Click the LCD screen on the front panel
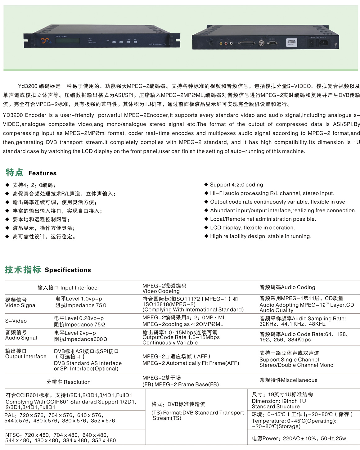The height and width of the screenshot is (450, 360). [67, 41]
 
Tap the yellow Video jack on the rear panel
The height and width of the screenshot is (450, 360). [221, 43]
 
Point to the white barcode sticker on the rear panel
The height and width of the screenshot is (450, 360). [291, 42]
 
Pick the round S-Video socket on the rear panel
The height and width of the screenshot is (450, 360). [211, 43]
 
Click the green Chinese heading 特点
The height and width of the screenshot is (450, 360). [14, 173]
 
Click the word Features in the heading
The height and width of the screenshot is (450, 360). [43, 173]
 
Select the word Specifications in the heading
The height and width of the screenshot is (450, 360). [68, 270]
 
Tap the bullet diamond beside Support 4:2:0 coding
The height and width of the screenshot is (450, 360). [206, 185]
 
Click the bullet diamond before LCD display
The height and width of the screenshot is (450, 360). [206, 227]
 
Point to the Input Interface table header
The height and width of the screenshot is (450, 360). [67, 288]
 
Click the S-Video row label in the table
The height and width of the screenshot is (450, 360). [16, 321]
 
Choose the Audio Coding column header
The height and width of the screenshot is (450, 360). [287, 287]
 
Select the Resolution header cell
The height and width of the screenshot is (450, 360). [69, 382]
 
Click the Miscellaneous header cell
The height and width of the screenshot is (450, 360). [288, 380]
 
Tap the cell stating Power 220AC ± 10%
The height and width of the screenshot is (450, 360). [299, 439]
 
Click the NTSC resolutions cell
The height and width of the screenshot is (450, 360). [61, 438]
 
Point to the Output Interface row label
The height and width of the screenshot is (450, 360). [26, 354]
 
